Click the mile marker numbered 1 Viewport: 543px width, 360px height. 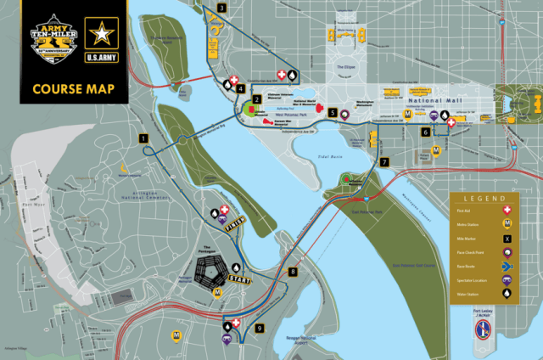(x=144, y=138)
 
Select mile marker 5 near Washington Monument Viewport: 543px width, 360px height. (x=333, y=112)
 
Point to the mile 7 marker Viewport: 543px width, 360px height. (x=383, y=161)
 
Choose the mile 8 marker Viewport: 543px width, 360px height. (x=294, y=272)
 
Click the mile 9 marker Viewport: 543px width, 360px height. (x=260, y=328)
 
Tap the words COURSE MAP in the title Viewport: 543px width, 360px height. (x=76, y=88)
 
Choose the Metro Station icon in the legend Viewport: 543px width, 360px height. (x=507, y=224)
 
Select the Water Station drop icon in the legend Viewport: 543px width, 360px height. (x=507, y=295)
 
